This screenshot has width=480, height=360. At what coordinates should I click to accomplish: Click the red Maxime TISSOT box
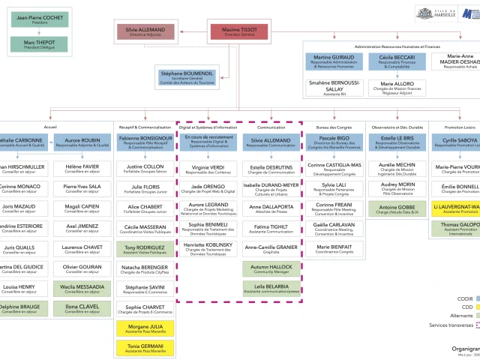pyautogui.click(x=239, y=31)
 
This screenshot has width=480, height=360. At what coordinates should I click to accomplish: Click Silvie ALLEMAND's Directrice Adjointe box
pyautogui.click(x=145, y=31)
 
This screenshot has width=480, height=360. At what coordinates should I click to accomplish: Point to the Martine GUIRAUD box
pyautogui.click(x=333, y=61)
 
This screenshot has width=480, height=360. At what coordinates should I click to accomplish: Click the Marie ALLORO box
pyautogui.click(x=397, y=88)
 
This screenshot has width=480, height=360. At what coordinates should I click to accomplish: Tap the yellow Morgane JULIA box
pyautogui.click(x=145, y=328)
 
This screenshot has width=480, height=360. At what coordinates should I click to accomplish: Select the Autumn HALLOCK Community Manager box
pyautogui.click(x=271, y=268)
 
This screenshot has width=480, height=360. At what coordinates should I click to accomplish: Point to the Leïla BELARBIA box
pyautogui.click(x=271, y=288)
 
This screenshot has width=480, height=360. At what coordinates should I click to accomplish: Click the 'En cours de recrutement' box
pyautogui.click(x=208, y=142)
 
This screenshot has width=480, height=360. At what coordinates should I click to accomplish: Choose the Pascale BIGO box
pyautogui.click(x=334, y=142)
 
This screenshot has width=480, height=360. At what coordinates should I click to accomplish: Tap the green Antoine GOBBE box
pyautogui.click(x=397, y=209)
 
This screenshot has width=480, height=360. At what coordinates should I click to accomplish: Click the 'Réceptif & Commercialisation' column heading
pyautogui.click(x=144, y=127)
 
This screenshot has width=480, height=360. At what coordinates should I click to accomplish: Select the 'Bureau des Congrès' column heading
pyautogui.click(x=334, y=127)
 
